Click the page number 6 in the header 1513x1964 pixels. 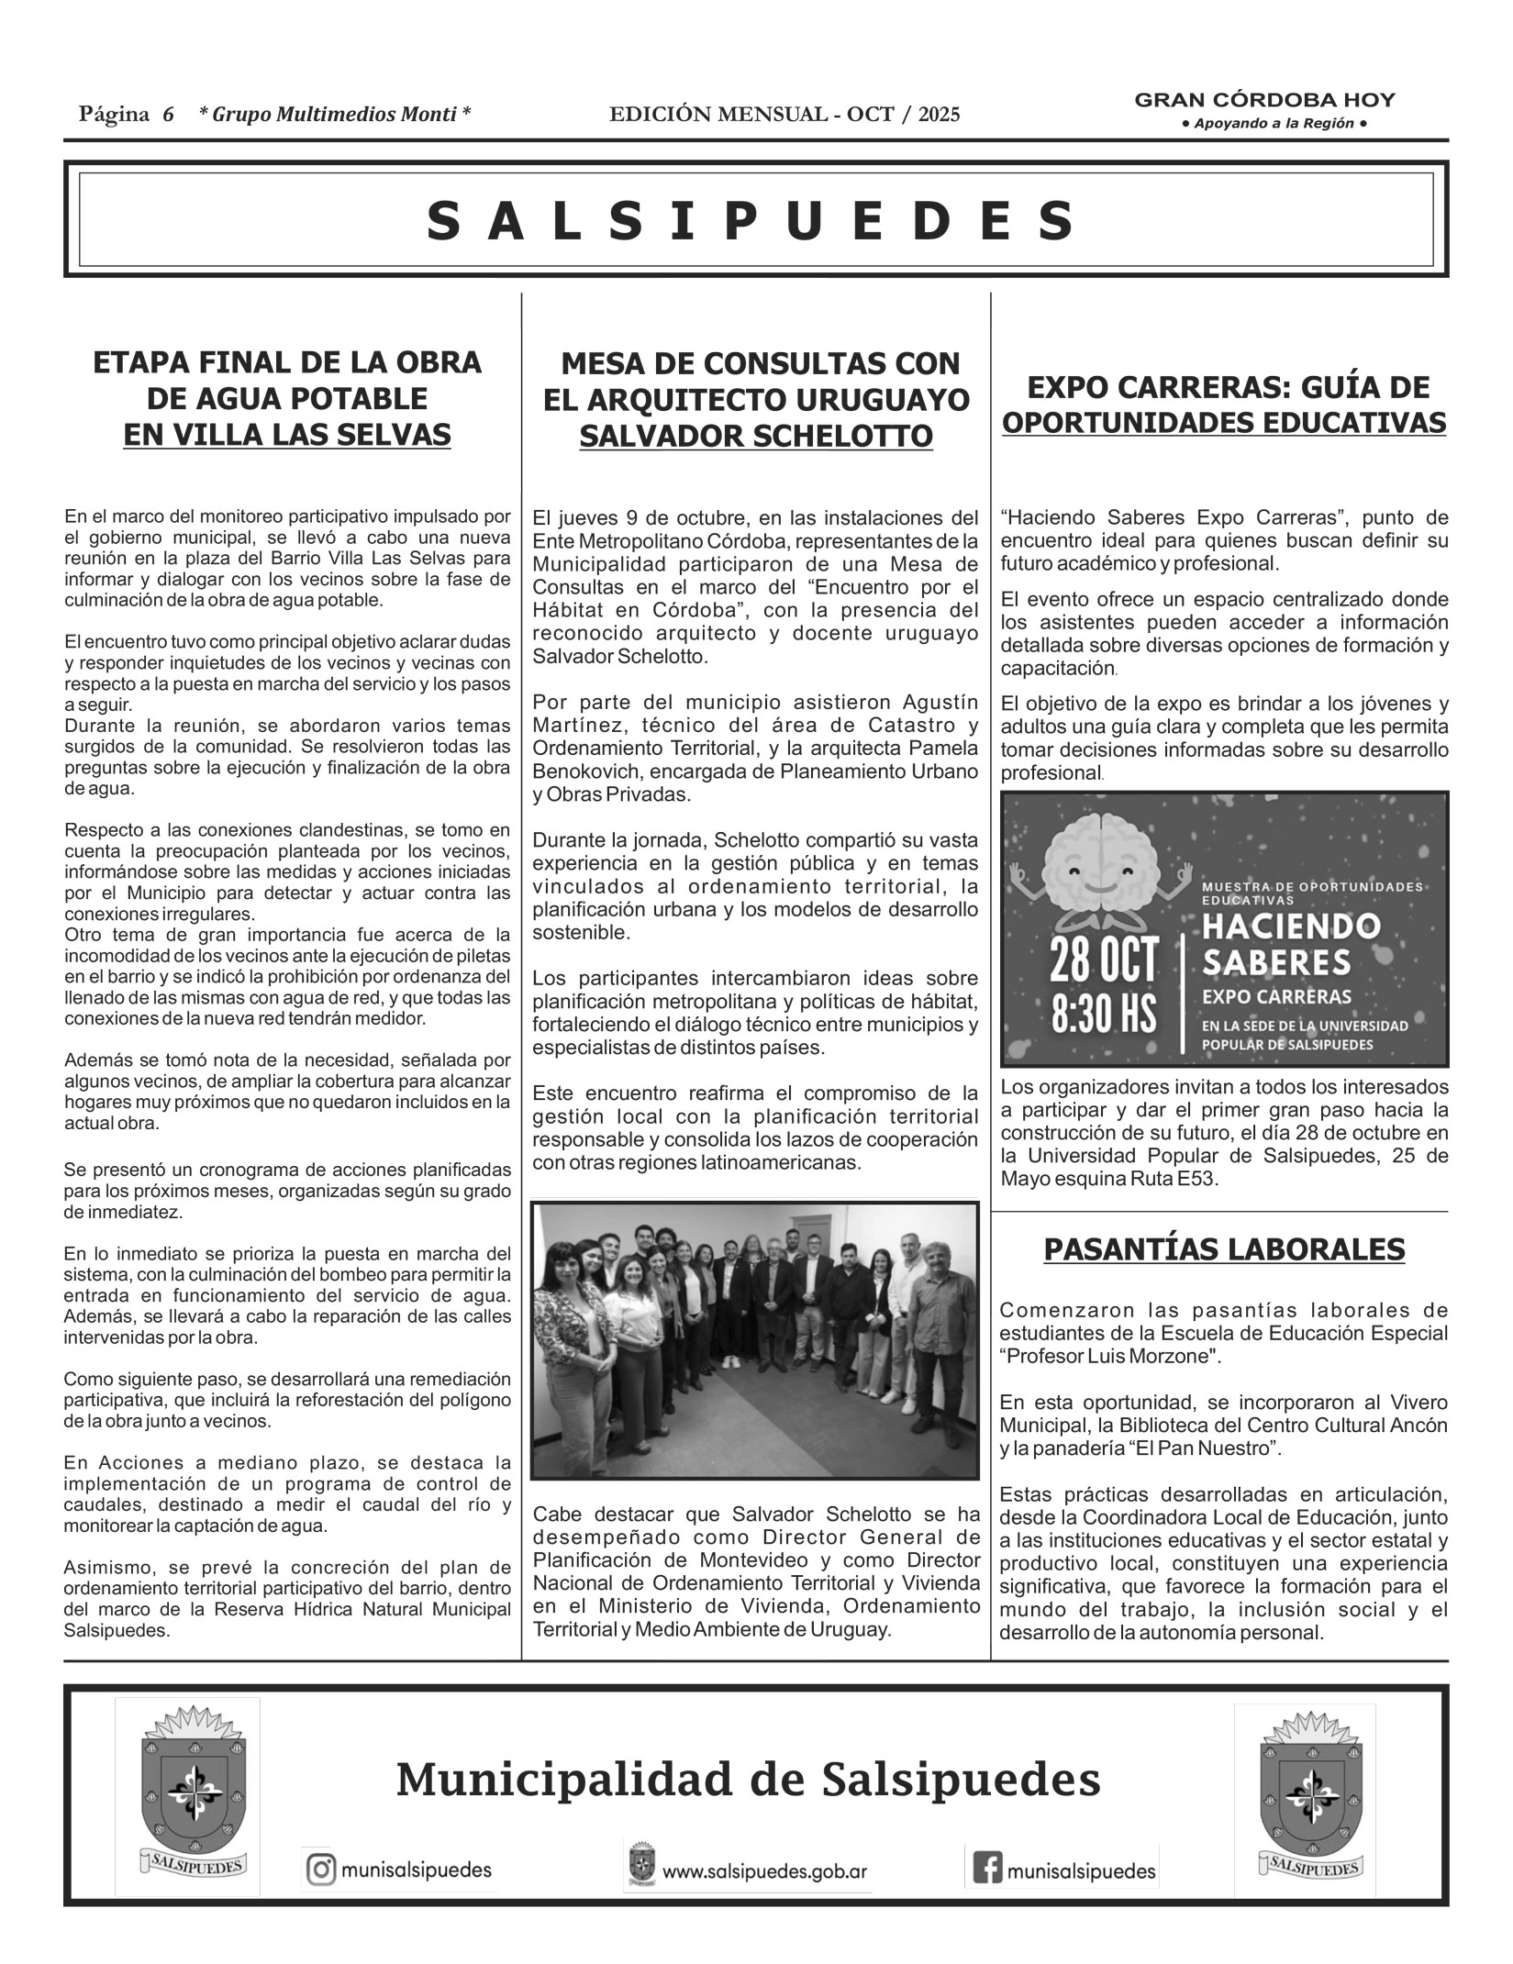point(168,115)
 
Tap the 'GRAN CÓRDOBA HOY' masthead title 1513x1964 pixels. point(1264,100)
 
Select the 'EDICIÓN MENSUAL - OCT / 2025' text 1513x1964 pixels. point(784,115)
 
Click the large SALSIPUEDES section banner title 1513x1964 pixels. point(754,221)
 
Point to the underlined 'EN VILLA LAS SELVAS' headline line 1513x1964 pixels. point(287,434)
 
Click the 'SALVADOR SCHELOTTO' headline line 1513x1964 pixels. point(756,437)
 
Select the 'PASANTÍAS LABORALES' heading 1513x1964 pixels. point(1224,1248)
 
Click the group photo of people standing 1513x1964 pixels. point(755,1339)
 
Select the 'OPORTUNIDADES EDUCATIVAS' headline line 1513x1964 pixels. point(1224,423)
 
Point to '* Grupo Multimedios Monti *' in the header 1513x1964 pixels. point(335,115)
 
